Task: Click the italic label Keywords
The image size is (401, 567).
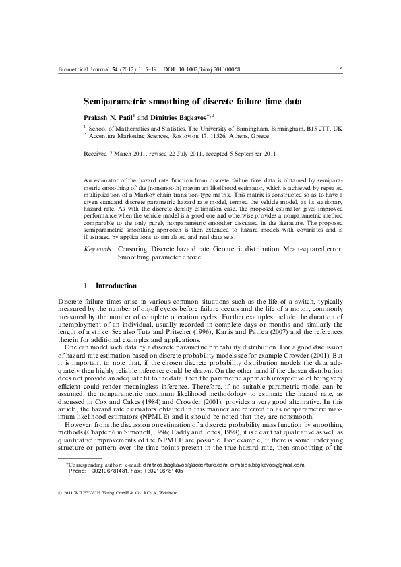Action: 98,250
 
